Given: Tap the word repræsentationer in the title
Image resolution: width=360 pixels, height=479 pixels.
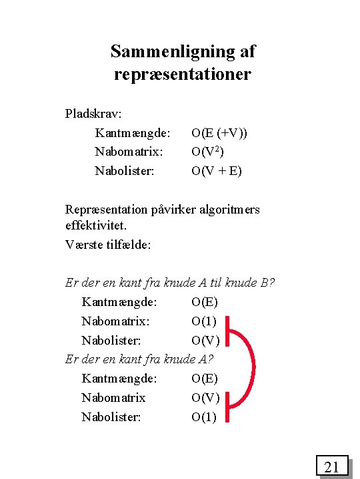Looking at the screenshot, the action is point(183,74).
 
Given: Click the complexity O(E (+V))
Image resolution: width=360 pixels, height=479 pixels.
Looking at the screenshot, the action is point(219,133).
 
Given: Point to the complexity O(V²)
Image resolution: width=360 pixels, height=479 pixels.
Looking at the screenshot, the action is point(211,152).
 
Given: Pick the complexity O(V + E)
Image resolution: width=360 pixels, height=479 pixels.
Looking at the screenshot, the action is point(217,171).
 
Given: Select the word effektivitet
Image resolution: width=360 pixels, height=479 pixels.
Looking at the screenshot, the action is point(95,226).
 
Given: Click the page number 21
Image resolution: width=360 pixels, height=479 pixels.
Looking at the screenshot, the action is point(332,466).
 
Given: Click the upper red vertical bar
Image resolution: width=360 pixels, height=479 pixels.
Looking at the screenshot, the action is point(227,331).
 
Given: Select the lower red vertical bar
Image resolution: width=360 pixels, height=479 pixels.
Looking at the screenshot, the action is point(227,406).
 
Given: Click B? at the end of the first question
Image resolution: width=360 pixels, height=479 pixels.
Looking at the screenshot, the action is point(267,283).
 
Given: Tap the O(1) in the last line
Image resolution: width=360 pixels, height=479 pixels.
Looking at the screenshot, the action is point(204,417).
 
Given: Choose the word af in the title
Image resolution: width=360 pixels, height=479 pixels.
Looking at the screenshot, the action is point(245,51).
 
